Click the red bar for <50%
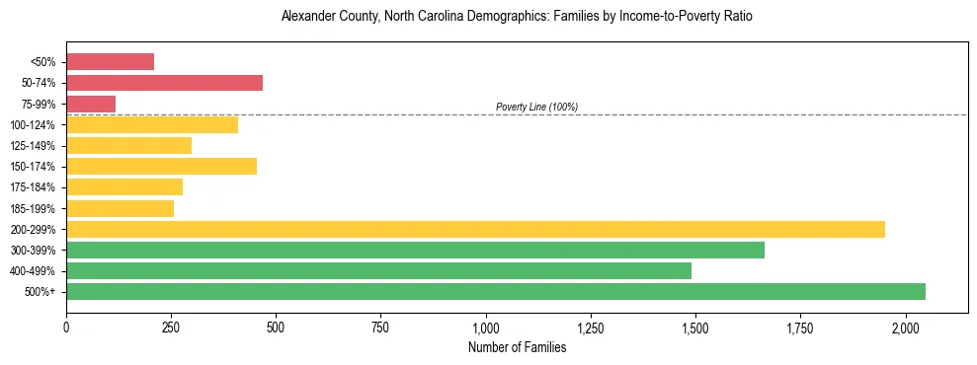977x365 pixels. point(110,62)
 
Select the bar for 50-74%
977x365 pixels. point(164,83)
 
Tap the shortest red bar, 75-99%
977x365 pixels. point(91,104)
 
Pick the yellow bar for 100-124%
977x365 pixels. point(152,124)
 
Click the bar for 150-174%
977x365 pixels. point(161,166)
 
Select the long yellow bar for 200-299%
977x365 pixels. point(475,229)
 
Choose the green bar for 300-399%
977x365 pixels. point(415,250)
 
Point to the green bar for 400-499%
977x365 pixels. point(378,270)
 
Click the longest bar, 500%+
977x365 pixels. point(496,291)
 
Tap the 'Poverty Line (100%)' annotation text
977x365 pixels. point(536,107)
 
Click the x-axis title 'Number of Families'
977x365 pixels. point(517,347)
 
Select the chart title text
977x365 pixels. point(517,17)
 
